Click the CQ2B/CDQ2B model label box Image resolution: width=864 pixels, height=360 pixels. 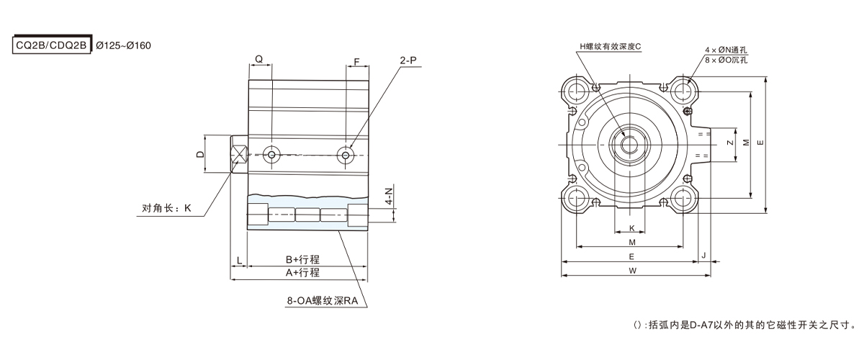pos(51,45)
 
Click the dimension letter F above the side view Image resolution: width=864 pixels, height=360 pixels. pos(357,60)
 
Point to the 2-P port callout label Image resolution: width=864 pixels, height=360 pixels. pos(408,61)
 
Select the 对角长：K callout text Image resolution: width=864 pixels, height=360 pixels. pos(166,209)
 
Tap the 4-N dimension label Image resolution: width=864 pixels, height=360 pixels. pos(389,197)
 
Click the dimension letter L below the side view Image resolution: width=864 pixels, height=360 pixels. pos(238,258)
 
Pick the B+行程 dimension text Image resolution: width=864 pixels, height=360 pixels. pos(302,258)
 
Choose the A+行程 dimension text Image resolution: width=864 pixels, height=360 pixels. pos(302,273)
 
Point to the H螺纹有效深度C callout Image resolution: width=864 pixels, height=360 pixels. pos(610,46)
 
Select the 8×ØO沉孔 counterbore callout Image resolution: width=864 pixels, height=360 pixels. pos(726,60)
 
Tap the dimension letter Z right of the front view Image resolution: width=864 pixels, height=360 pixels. pos(731,143)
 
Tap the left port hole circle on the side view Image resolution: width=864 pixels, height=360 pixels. pos(271,154)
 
